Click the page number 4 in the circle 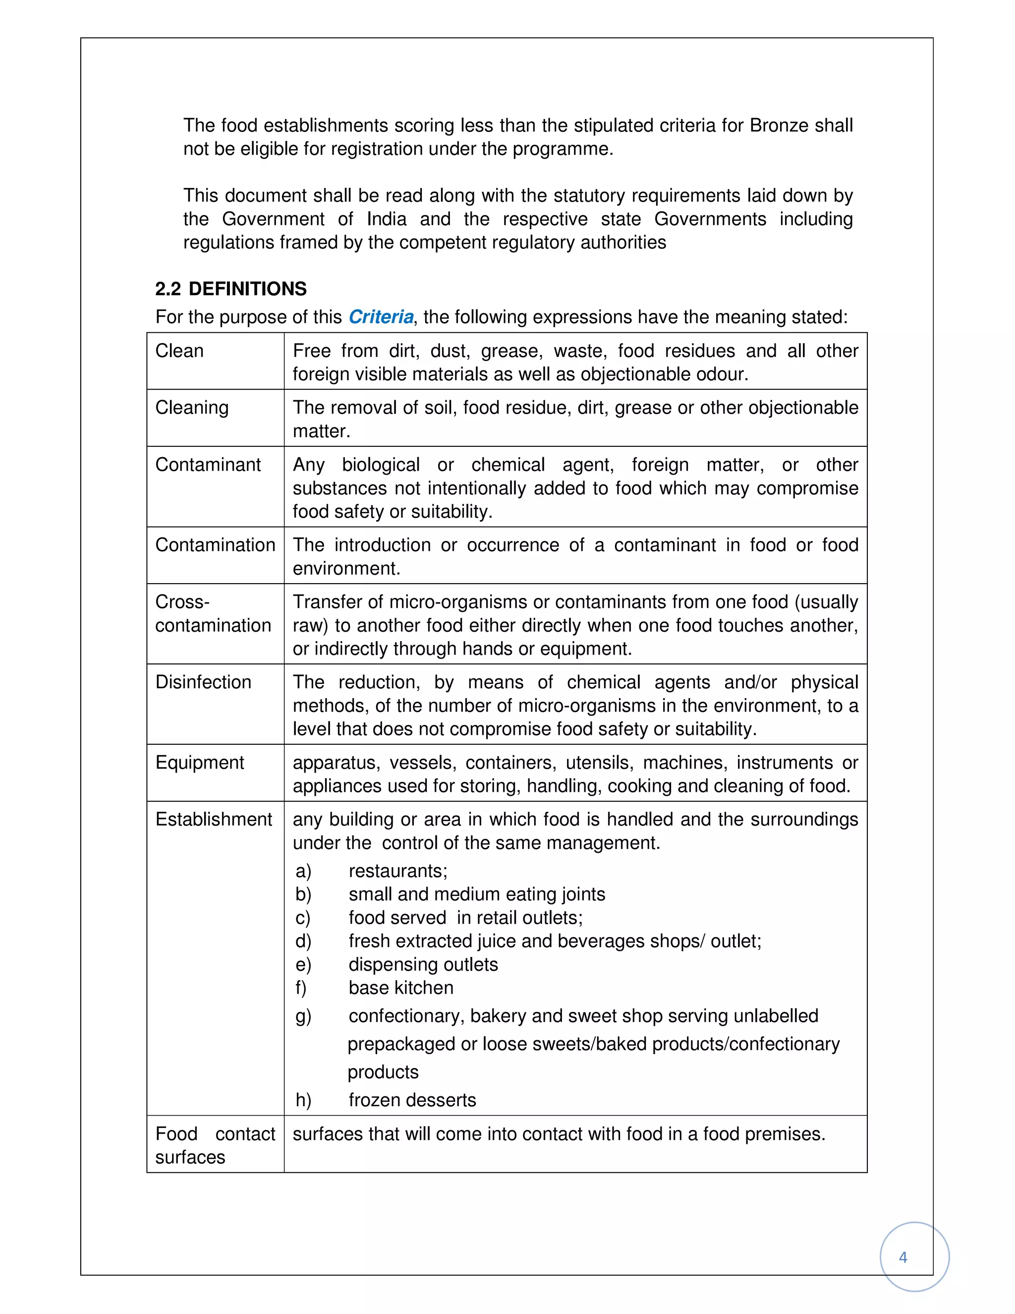(x=902, y=1257)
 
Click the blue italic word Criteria (x=381, y=316)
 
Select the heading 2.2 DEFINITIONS (x=231, y=289)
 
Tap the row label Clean (x=179, y=350)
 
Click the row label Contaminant (x=208, y=465)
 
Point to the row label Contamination (x=215, y=544)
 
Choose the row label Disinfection (x=203, y=682)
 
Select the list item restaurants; (x=398, y=871)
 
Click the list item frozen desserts (x=412, y=1100)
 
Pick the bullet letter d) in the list (x=303, y=941)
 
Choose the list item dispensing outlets (x=423, y=964)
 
